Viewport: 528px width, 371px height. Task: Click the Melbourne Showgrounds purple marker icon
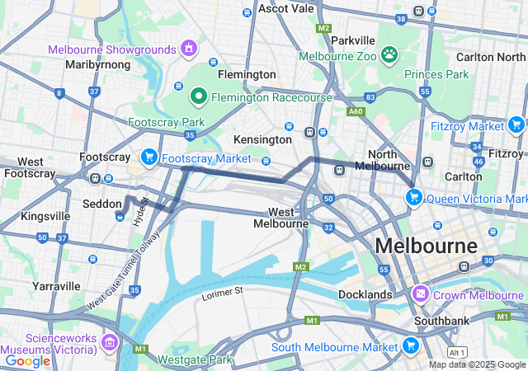[189, 49]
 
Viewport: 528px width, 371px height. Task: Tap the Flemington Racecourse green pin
[198, 97]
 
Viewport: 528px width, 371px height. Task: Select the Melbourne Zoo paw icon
[389, 56]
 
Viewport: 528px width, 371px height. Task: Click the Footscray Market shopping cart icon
[149, 156]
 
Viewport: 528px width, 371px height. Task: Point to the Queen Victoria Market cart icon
[413, 197]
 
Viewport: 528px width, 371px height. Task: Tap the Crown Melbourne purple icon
[421, 294]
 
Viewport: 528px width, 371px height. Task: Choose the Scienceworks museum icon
[110, 342]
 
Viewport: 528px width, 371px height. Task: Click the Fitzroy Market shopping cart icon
[516, 125]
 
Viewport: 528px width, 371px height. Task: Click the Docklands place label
[365, 294]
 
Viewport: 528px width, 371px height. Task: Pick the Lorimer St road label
[223, 291]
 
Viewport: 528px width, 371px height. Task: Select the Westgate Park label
[196, 359]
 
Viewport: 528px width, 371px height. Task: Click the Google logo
[28, 360]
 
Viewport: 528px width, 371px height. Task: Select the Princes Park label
[436, 74]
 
